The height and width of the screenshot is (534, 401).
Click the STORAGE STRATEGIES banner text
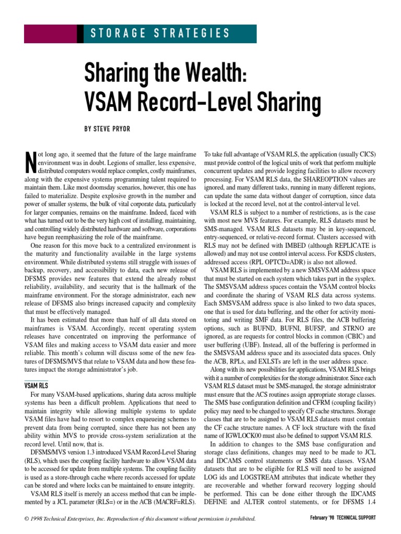[x=160, y=34]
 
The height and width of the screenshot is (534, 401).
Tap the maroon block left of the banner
[x=53, y=34]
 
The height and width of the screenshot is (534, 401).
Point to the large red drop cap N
[x=30, y=162]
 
